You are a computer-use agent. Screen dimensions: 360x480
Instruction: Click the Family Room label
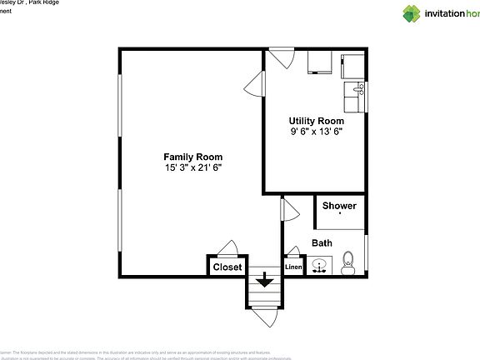click(192, 156)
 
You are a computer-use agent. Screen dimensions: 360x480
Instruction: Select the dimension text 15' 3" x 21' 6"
click(192, 167)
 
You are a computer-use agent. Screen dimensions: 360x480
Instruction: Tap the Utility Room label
click(317, 121)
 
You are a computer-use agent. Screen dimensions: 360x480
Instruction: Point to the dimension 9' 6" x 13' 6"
click(317, 132)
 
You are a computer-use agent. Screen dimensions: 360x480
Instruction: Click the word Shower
click(339, 206)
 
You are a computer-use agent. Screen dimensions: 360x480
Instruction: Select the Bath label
click(322, 243)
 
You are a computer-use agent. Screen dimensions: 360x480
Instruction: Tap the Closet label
click(227, 267)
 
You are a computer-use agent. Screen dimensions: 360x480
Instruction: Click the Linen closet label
click(293, 267)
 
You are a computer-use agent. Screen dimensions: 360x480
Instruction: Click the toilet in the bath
click(348, 263)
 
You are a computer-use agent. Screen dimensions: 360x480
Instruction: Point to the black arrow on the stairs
click(265, 281)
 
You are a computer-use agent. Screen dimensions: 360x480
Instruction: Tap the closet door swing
click(227, 248)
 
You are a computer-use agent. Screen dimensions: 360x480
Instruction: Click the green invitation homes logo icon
click(412, 13)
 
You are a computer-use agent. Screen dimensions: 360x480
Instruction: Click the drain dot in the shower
click(340, 214)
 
